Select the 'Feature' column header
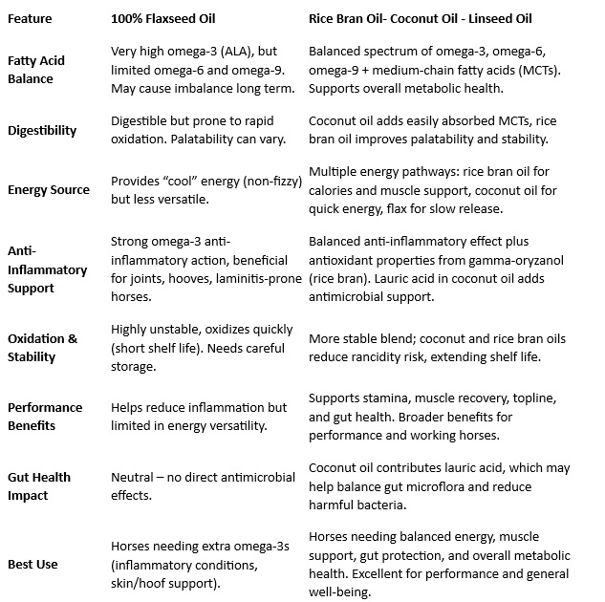30,18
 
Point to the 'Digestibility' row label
42,131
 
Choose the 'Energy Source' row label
49,189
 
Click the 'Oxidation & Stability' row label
42,348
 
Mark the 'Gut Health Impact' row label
40,485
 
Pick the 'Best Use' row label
32,564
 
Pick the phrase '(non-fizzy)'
255,180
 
